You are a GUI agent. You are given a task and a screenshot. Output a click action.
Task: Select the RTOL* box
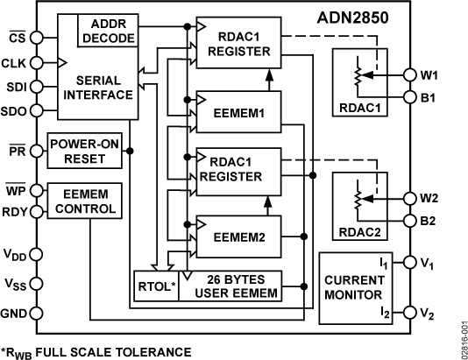155,286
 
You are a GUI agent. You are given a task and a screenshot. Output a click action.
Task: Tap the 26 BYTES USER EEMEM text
231,286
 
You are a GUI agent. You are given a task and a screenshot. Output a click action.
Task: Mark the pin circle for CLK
38,62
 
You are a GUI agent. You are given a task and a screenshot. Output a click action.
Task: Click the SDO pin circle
38,111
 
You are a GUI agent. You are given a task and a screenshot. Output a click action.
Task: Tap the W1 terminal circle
408,74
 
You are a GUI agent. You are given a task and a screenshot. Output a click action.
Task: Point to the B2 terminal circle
408,220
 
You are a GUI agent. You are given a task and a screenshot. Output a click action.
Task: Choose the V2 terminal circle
408,313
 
